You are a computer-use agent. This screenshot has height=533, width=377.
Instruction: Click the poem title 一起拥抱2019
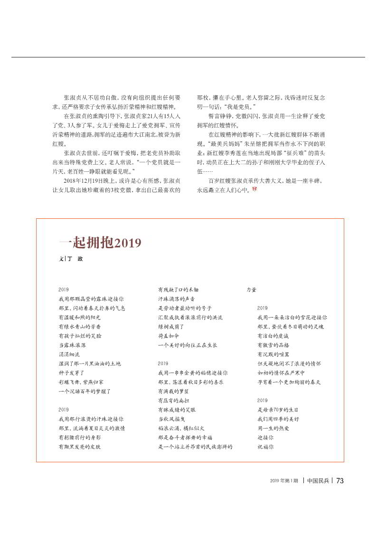pos(100,243)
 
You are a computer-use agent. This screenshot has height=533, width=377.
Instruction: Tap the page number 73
pos(339,480)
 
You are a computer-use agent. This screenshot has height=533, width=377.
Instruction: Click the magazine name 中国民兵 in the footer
pos(318,480)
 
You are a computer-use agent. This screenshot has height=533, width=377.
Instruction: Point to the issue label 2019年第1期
pos(284,480)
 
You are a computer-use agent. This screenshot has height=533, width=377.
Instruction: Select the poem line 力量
pos(251,290)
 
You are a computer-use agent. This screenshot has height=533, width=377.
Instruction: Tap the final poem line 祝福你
pos(265,447)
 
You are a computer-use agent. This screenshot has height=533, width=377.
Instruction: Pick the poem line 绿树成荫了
pos(171,327)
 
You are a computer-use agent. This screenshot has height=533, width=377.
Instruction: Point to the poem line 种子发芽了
pos(71,373)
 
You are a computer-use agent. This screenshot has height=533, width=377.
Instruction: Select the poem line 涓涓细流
pos(69,354)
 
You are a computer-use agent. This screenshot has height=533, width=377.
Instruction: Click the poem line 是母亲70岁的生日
pos(278,410)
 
